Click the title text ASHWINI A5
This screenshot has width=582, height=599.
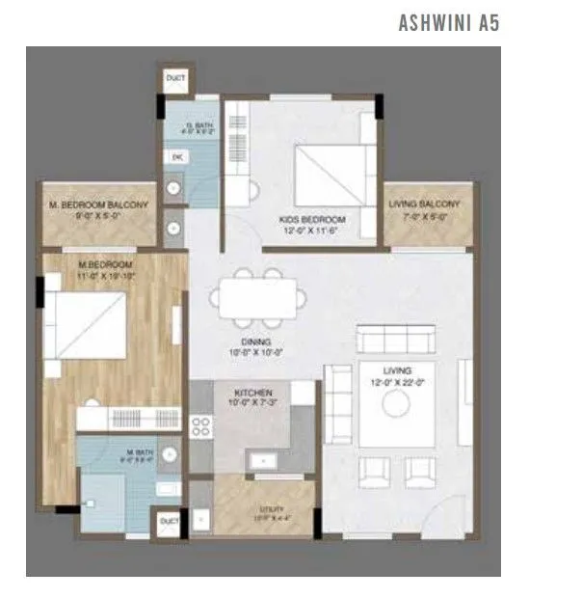point(448,23)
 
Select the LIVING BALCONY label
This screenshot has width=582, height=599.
point(424,204)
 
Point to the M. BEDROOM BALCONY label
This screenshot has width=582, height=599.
point(98,205)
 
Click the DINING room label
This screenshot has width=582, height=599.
point(255,341)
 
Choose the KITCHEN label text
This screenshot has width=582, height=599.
point(253,394)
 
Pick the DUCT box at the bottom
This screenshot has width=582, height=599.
point(170,522)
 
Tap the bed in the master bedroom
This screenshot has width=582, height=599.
point(85,324)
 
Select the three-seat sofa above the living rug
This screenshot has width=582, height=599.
point(395,340)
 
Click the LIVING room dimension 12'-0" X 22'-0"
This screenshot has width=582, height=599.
point(396,383)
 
